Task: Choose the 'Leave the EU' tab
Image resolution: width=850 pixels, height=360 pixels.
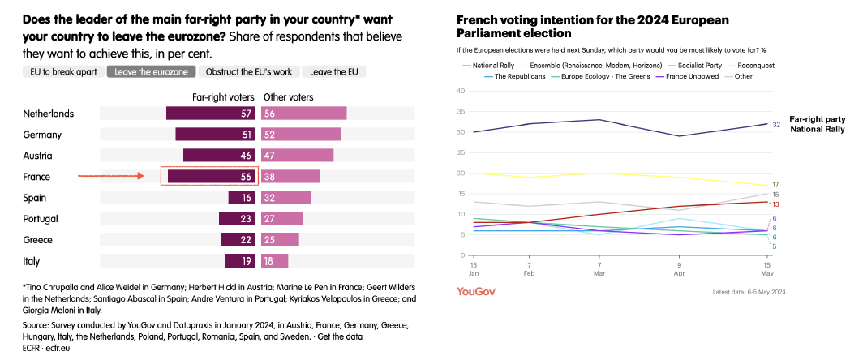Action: click(334, 71)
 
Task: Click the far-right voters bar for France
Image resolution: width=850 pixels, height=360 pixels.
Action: click(211, 176)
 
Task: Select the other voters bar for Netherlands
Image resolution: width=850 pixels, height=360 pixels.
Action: click(303, 114)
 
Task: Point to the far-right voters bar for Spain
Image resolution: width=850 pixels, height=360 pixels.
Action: click(243, 197)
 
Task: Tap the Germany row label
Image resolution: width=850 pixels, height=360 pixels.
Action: click(42, 135)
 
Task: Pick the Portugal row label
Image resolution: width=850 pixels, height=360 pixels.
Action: click(41, 219)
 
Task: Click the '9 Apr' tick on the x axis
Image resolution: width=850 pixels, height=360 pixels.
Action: click(679, 269)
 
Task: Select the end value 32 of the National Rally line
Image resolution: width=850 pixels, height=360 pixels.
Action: click(775, 124)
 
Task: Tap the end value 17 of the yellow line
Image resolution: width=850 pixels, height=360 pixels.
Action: click(775, 186)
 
